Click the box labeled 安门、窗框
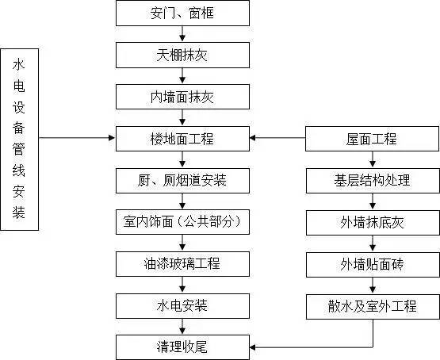pos(182,13)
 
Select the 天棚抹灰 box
pos(182,55)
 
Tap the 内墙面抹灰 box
pos(182,97)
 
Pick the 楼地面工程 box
pos(182,139)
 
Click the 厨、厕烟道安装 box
pos(182,181)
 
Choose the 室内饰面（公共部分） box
pos(182,222)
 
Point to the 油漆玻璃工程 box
pos(182,264)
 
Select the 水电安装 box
pos(182,306)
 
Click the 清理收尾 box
pos(182,347)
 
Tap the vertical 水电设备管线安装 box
pos(19,140)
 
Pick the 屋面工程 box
pos(372,139)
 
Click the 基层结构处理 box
pos(373,181)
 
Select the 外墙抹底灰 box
pos(373,223)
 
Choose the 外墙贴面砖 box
pos(373,265)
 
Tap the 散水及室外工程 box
pos(373,307)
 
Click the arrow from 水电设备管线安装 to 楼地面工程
pos(77,138)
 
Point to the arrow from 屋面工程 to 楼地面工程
pos(277,138)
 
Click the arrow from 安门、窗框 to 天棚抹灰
pos(182,34)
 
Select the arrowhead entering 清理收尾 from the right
pos(253,347)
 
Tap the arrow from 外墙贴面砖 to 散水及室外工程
pos(373,285)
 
